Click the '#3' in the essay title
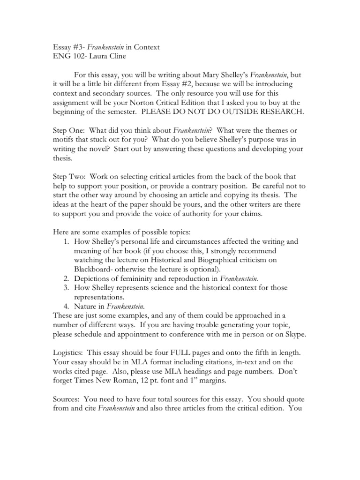tap(75, 47)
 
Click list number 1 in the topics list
tap(65, 241)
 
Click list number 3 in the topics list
tap(65, 287)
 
